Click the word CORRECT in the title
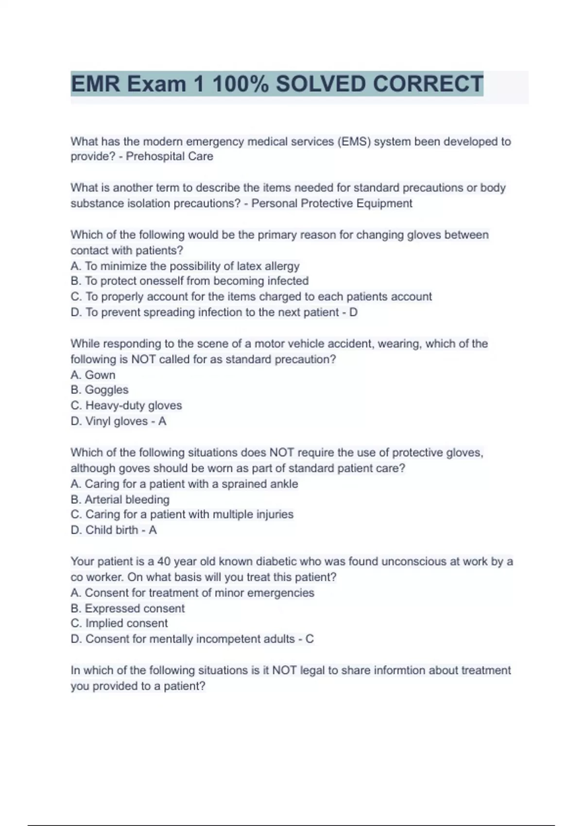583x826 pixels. pos(428,84)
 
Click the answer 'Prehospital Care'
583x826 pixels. pos(170,156)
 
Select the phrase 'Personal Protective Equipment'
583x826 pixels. pos(332,203)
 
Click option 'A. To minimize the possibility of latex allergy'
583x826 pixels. pos(185,266)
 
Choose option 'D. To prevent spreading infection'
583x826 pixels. pos(205,312)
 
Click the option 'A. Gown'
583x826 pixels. pos(93,375)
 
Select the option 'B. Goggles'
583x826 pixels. pos(100,390)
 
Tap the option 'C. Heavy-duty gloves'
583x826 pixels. pos(126,405)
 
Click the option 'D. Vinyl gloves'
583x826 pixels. pos(109,421)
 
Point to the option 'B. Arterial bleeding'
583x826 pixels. pos(120,499)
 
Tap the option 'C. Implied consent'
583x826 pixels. pos(119,623)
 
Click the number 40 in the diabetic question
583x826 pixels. pos(164,562)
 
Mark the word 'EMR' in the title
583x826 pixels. pos(95,84)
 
